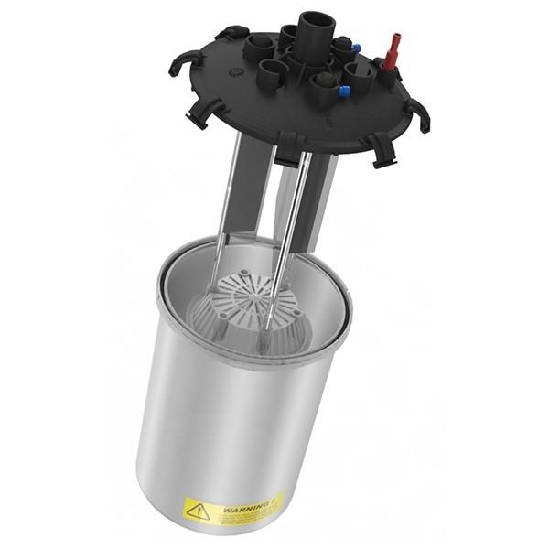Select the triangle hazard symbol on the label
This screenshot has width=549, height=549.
(198, 509)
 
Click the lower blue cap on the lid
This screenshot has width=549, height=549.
(343, 91)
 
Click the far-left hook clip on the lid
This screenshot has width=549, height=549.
(178, 65)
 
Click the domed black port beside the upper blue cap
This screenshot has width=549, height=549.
(340, 45)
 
